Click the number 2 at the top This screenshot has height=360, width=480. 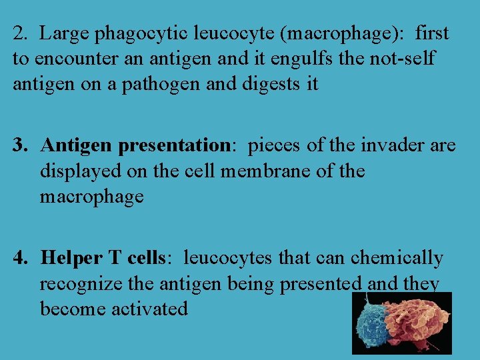17,33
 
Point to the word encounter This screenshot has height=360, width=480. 67,59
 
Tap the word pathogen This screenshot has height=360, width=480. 154,85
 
